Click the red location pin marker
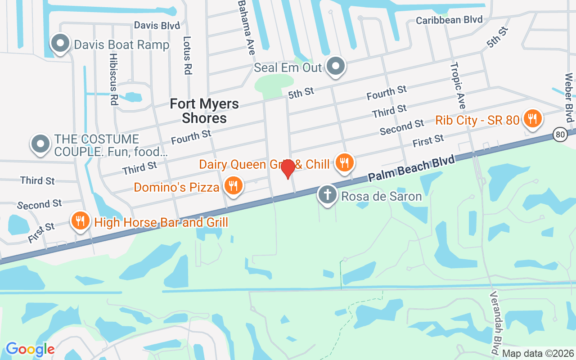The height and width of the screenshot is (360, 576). point(288,169)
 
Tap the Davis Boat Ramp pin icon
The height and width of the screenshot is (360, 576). point(59,44)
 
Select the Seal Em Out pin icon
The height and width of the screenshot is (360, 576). point(335,67)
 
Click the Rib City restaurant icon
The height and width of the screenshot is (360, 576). point(532,119)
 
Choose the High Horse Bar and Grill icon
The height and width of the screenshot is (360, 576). point(80,221)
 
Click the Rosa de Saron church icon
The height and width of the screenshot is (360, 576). point(328,195)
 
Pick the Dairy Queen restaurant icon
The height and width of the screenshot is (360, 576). point(345,162)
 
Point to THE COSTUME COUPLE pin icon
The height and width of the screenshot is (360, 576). point(40,144)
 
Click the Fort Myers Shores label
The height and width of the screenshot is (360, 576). point(204,111)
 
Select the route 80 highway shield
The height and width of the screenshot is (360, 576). point(560,134)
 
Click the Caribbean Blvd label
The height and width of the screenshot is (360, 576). point(449,20)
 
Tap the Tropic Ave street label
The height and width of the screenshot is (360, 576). point(457,86)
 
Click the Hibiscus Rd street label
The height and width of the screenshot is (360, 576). point(113,79)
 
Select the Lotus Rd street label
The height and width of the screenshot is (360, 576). point(188,55)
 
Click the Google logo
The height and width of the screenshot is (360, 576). point(30,349)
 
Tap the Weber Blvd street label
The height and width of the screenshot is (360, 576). point(569,97)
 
